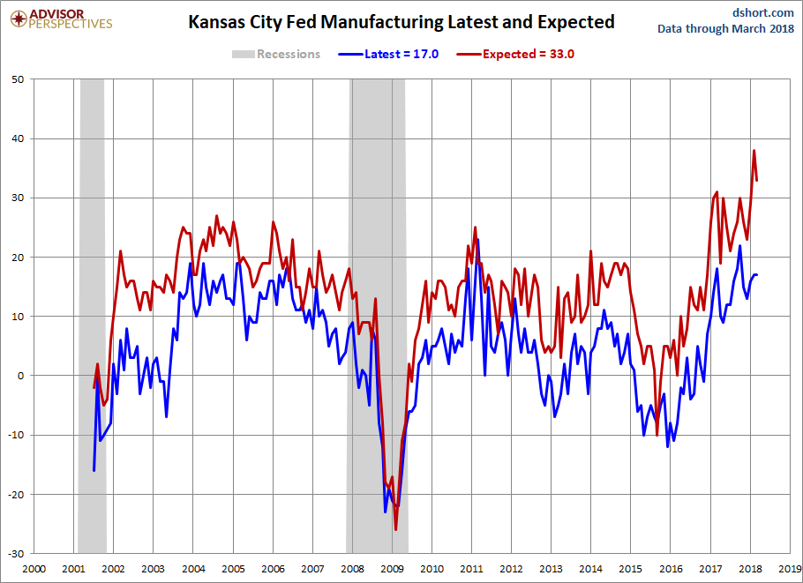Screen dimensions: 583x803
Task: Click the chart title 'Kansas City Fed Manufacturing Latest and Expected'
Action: [401, 22]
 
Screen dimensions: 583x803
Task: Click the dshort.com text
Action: [763, 12]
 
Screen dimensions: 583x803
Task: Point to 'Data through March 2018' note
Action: [725, 28]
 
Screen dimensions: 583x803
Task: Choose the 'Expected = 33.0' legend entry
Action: [516, 54]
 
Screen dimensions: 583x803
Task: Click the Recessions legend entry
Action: [276, 54]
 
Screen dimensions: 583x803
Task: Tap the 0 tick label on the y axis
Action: [22, 376]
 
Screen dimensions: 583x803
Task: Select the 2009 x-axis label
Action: [392, 569]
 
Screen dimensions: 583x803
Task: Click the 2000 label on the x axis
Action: [34, 569]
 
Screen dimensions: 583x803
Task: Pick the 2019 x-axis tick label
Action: [791, 569]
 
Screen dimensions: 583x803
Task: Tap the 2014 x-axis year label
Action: [591, 569]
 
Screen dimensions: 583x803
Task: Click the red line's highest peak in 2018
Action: [754, 151]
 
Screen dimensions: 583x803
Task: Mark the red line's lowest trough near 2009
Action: [395, 529]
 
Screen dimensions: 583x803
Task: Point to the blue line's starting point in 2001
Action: [94, 470]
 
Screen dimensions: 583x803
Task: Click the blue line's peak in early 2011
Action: [477, 239]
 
